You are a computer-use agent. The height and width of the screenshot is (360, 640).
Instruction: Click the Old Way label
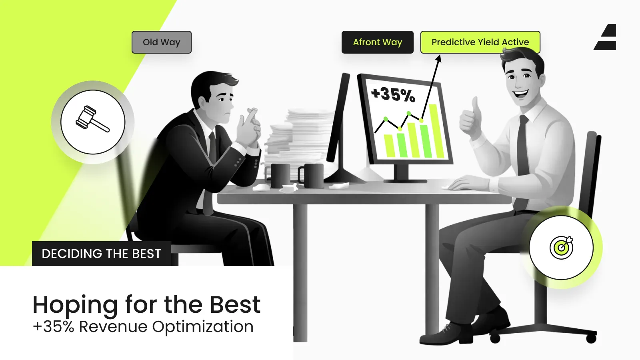[x=162, y=42]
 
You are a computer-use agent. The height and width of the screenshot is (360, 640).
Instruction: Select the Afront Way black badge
[x=378, y=42]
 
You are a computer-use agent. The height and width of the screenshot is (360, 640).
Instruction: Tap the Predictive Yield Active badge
[x=480, y=42]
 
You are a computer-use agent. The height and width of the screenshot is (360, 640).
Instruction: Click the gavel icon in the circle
[x=92, y=119]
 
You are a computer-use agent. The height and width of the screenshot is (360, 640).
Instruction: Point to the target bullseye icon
[x=561, y=248]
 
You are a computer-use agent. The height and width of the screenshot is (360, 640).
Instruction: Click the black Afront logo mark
[x=605, y=37]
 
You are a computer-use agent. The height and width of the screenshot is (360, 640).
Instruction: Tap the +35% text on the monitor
[x=393, y=94]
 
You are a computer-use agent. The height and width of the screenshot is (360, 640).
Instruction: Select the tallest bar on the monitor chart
[x=437, y=131]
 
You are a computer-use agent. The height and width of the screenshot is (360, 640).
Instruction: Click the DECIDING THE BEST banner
[x=102, y=254]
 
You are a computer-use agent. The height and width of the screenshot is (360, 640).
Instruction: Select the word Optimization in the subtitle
[x=202, y=327]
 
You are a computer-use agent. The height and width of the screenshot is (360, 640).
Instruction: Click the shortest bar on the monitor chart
[x=389, y=146]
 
